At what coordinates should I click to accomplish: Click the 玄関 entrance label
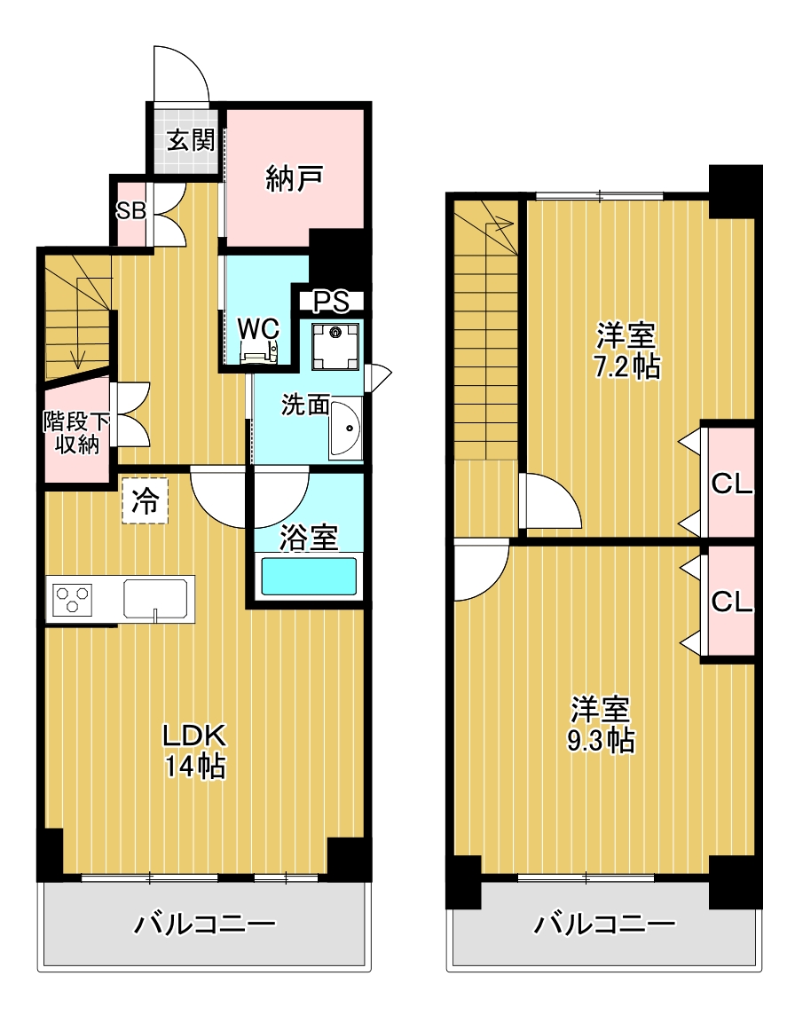[x=191, y=140]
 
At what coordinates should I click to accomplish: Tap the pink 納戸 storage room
[x=294, y=179]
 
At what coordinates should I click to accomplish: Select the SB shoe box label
[x=131, y=212]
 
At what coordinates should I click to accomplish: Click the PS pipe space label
[x=330, y=302]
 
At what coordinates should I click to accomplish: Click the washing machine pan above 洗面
[x=336, y=344]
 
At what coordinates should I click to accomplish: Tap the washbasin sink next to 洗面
[x=345, y=428]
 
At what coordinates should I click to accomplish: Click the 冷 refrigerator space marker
[x=145, y=501]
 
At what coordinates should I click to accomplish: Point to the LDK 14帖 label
[x=194, y=750]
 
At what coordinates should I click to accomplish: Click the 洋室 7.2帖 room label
[x=626, y=351]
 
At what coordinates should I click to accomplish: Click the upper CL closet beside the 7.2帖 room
[x=732, y=484]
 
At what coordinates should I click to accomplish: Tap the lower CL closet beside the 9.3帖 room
[x=732, y=602]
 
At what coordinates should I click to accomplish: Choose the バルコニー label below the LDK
[x=204, y=926]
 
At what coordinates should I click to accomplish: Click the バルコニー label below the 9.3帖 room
[x=603, y=926]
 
